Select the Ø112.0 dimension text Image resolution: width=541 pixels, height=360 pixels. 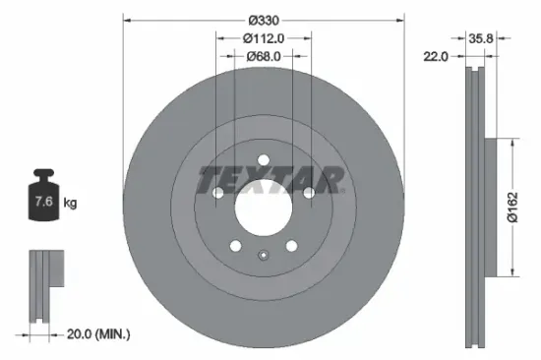click(x=263, y=37)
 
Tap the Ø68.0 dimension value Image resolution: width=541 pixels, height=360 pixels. click(x=263, y=56)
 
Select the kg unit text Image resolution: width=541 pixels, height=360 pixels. click(x=70, y=203)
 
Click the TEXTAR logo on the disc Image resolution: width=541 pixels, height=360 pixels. click(x=270, y=181)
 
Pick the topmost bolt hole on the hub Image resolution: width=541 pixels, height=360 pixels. click(x=263, y=159)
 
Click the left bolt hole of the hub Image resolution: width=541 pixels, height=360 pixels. click(x=217, y=193)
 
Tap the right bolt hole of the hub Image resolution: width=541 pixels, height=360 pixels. click(x=309, y=193)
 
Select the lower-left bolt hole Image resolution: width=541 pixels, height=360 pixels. click(x=235, y=247)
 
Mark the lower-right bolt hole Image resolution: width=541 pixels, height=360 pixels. click(x=291, y=247)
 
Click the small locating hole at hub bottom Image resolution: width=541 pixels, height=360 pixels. click(x=263, y=257)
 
